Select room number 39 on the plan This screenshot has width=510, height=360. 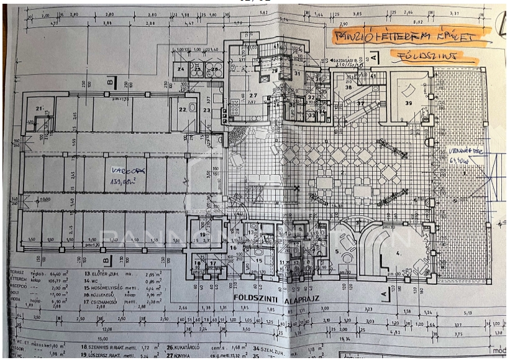click(x=408, y=103)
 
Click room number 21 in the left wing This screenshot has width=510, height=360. click(x=39, y=109)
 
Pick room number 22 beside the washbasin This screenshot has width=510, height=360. click(x=182, y=109)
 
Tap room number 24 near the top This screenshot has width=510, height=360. click(x=181, y=69)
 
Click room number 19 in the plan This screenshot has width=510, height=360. click(x=203, y=234)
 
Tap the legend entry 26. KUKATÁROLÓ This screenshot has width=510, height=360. click(x=190, y=346)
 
